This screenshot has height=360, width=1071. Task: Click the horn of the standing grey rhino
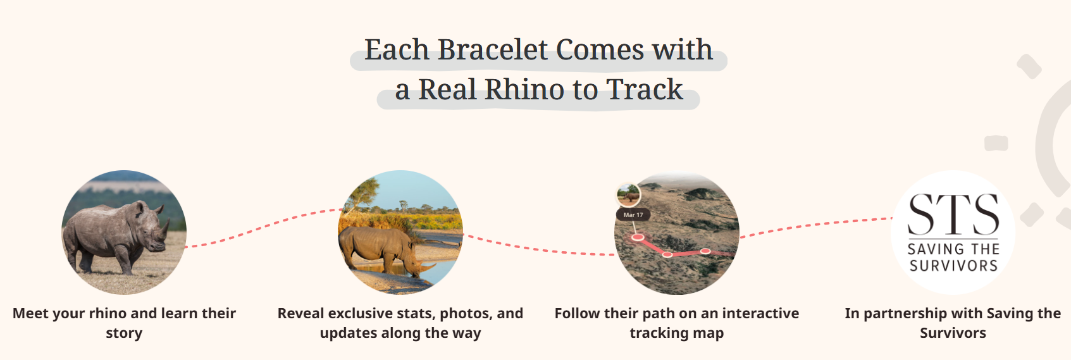166,227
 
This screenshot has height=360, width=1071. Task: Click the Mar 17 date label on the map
633,215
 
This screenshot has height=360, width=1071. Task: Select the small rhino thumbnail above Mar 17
628,196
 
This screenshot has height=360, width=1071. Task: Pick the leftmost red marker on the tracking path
638,237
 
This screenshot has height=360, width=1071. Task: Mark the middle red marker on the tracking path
667,254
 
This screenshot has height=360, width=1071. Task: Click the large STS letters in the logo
953,215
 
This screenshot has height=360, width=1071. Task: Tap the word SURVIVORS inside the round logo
953,266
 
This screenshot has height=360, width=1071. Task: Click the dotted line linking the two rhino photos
263,226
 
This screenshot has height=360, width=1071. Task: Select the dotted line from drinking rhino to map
538,249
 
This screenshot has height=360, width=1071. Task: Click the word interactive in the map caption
760,313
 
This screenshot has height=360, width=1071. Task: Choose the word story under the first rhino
124,333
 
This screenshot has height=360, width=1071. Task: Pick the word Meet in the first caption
30,313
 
